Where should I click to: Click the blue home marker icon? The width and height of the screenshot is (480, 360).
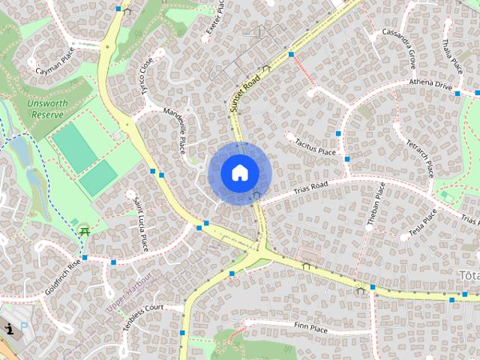[x=239, y=173]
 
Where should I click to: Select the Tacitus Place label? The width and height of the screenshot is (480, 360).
[x=315, y=146]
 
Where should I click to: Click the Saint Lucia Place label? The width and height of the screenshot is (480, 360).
[x=140, y=223]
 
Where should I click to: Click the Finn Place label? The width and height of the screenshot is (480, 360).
[x=310, y=328]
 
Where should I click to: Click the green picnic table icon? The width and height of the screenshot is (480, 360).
[x=84, y=231]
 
